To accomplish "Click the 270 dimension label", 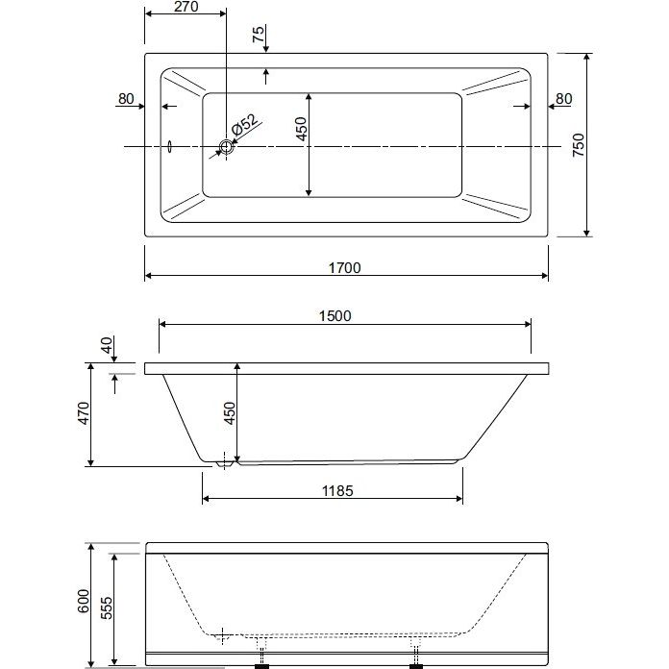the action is (186, 7).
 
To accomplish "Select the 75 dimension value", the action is (259, 34).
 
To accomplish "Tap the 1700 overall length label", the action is (345, 268).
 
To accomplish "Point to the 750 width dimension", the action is (578, 145).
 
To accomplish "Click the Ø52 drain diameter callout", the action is (244, 124).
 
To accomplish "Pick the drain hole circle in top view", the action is (226, 147).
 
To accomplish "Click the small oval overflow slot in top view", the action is (170, 147).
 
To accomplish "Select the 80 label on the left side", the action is (126, 99).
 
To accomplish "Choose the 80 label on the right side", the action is (563, 99).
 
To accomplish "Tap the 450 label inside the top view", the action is (301, 129).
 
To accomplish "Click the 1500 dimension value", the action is (335, 315).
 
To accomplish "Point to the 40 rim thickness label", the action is (107, 345).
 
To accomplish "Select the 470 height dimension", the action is (84, 413).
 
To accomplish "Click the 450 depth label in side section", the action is (230, 413).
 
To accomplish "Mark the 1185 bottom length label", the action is (337, 491).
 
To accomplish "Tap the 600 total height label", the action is (84, 601).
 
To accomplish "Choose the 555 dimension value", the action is (107, 608).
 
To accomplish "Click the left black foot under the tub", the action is (261, 666).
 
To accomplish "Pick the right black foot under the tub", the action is (416, 666).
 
